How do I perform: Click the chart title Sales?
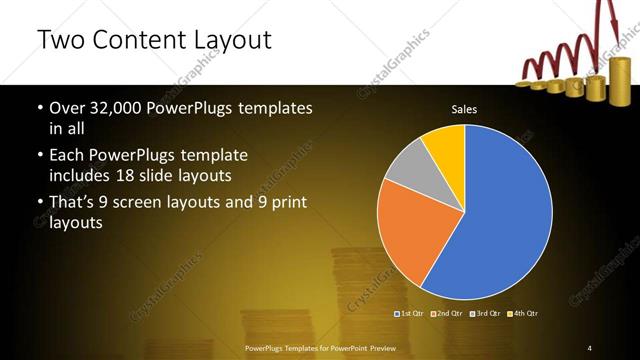click(x=464, y=108)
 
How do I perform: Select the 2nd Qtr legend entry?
click(x=449, y=314)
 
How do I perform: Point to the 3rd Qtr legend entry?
click(x=486, y=314)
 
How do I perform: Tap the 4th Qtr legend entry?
click(x=523, y=314)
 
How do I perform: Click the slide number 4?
click(x=590, y=347)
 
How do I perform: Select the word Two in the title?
click(x=59, y=41)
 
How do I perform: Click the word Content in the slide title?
click(x=141, y=41)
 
